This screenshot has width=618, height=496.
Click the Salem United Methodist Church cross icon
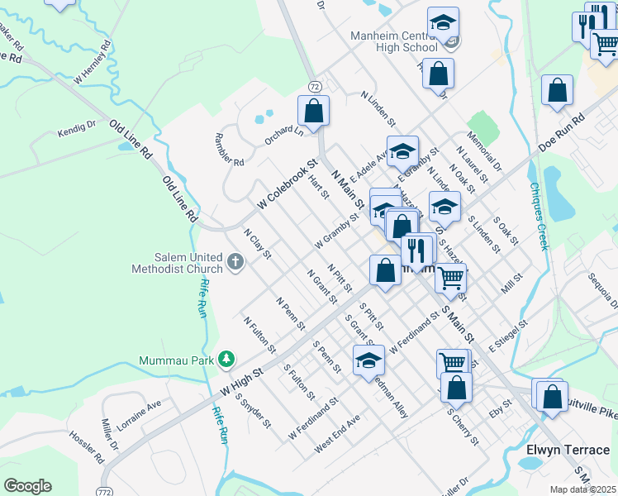click(x=235, y=263)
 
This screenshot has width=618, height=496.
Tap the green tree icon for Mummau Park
click(x=225, y=360)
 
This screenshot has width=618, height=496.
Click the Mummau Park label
click(x=174, y=360)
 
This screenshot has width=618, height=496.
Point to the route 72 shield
click(x=314, y=85)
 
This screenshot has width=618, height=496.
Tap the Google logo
click(x=27, y=486)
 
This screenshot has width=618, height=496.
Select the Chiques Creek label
click(x=540, y=217)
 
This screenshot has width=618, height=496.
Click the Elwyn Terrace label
click(x=568, y=450)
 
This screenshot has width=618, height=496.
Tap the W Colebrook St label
click(x=287, y=184)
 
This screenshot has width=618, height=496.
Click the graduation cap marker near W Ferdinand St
click(x=369, y=360)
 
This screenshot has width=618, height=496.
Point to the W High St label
click(x=241, y=381)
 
